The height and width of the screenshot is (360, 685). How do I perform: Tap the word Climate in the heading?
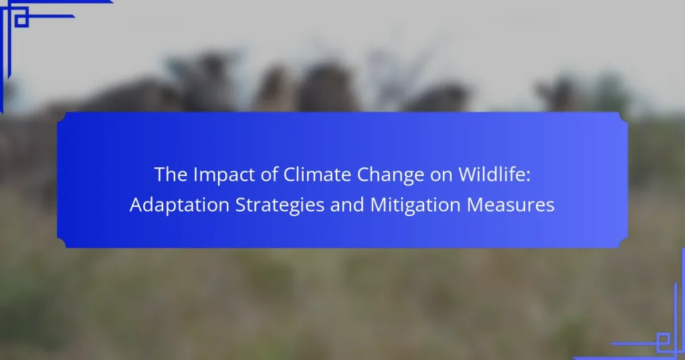click(317, 175)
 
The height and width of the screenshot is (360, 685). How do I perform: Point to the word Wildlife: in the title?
click(494, 175)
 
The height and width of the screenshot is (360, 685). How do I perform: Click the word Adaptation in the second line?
click(179, 205)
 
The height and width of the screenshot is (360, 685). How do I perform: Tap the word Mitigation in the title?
click(415, 205)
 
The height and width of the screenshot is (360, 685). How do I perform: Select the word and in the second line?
click(347, 205)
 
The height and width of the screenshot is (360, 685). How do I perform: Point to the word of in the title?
click(269, 175)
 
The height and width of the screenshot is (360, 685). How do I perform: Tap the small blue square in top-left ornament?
click(21, 20)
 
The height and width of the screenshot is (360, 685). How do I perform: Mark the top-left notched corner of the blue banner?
click(62, 116)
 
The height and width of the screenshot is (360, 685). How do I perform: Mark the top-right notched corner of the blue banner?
click(623, 116)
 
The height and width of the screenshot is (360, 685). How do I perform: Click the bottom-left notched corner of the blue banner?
click(62, 244)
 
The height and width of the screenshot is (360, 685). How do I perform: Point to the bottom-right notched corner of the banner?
click(623, 244)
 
